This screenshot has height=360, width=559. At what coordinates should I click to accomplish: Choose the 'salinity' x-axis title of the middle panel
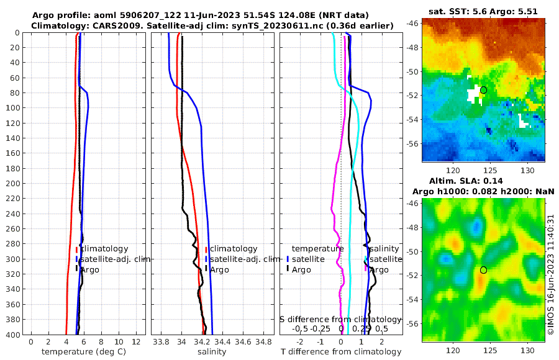click(x=212, y=352)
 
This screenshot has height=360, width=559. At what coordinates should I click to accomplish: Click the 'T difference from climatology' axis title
click(x=341, y=352)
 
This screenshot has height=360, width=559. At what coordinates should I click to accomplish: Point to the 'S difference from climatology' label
click(x=341, y=319)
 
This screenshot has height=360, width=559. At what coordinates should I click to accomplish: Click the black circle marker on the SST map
click(x=483, y=90)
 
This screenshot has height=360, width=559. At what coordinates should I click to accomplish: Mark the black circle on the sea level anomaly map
click(x=483, y=270)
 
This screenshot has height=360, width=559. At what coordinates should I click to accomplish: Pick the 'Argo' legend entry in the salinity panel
click(x=219, y=269)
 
